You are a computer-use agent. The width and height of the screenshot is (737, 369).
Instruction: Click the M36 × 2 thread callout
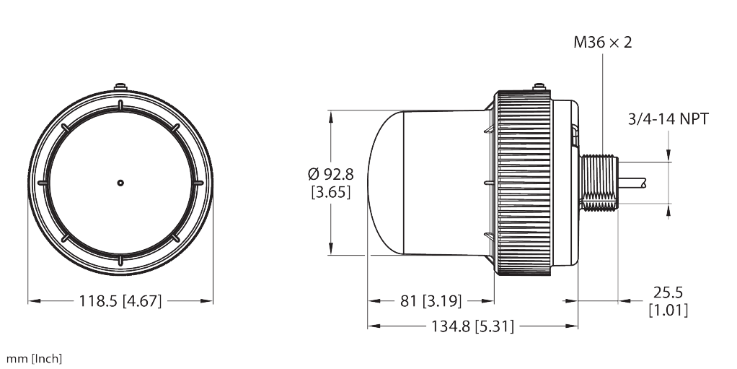(x=603, y=43)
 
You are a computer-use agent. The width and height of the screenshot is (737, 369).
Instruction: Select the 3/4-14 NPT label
(x=668, y=119)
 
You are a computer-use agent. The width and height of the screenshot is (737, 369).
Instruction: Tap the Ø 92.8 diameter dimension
(x=331, y=174)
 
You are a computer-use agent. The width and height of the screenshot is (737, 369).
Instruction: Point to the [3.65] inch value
(x=331, y=192)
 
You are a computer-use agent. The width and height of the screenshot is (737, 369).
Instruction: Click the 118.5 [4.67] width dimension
(x=120, y=300)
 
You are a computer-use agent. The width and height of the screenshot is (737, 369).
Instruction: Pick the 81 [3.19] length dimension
(x=431, y=300)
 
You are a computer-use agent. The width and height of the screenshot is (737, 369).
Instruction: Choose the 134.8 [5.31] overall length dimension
(x=472, y=326)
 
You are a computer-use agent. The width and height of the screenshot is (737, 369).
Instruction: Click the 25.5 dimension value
(x=668, y=292)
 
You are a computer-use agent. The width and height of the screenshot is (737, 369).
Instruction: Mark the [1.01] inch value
(x=668, y=311)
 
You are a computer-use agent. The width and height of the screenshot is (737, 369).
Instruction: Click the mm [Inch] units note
(x=34, y=359)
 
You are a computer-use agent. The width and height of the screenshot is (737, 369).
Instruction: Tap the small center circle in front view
(x=120, y=183)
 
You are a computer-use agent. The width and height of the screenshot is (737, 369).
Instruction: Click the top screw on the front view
(x=120, y=87)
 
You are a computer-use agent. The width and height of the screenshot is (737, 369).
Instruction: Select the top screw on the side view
(x=539, y=87)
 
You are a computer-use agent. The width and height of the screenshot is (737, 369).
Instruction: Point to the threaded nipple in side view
(x=599, y=183)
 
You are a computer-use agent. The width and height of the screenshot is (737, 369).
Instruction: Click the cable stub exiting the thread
(x=632, y=183)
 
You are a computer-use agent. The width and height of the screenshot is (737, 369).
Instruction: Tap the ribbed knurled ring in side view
(x=523, y=183)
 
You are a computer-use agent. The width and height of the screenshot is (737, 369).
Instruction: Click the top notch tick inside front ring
(x=120, y=105)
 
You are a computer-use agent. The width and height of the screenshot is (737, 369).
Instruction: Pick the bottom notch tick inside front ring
(x=120, y=261)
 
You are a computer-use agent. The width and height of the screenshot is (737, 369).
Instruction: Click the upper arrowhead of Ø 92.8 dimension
(x=331, y=117)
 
